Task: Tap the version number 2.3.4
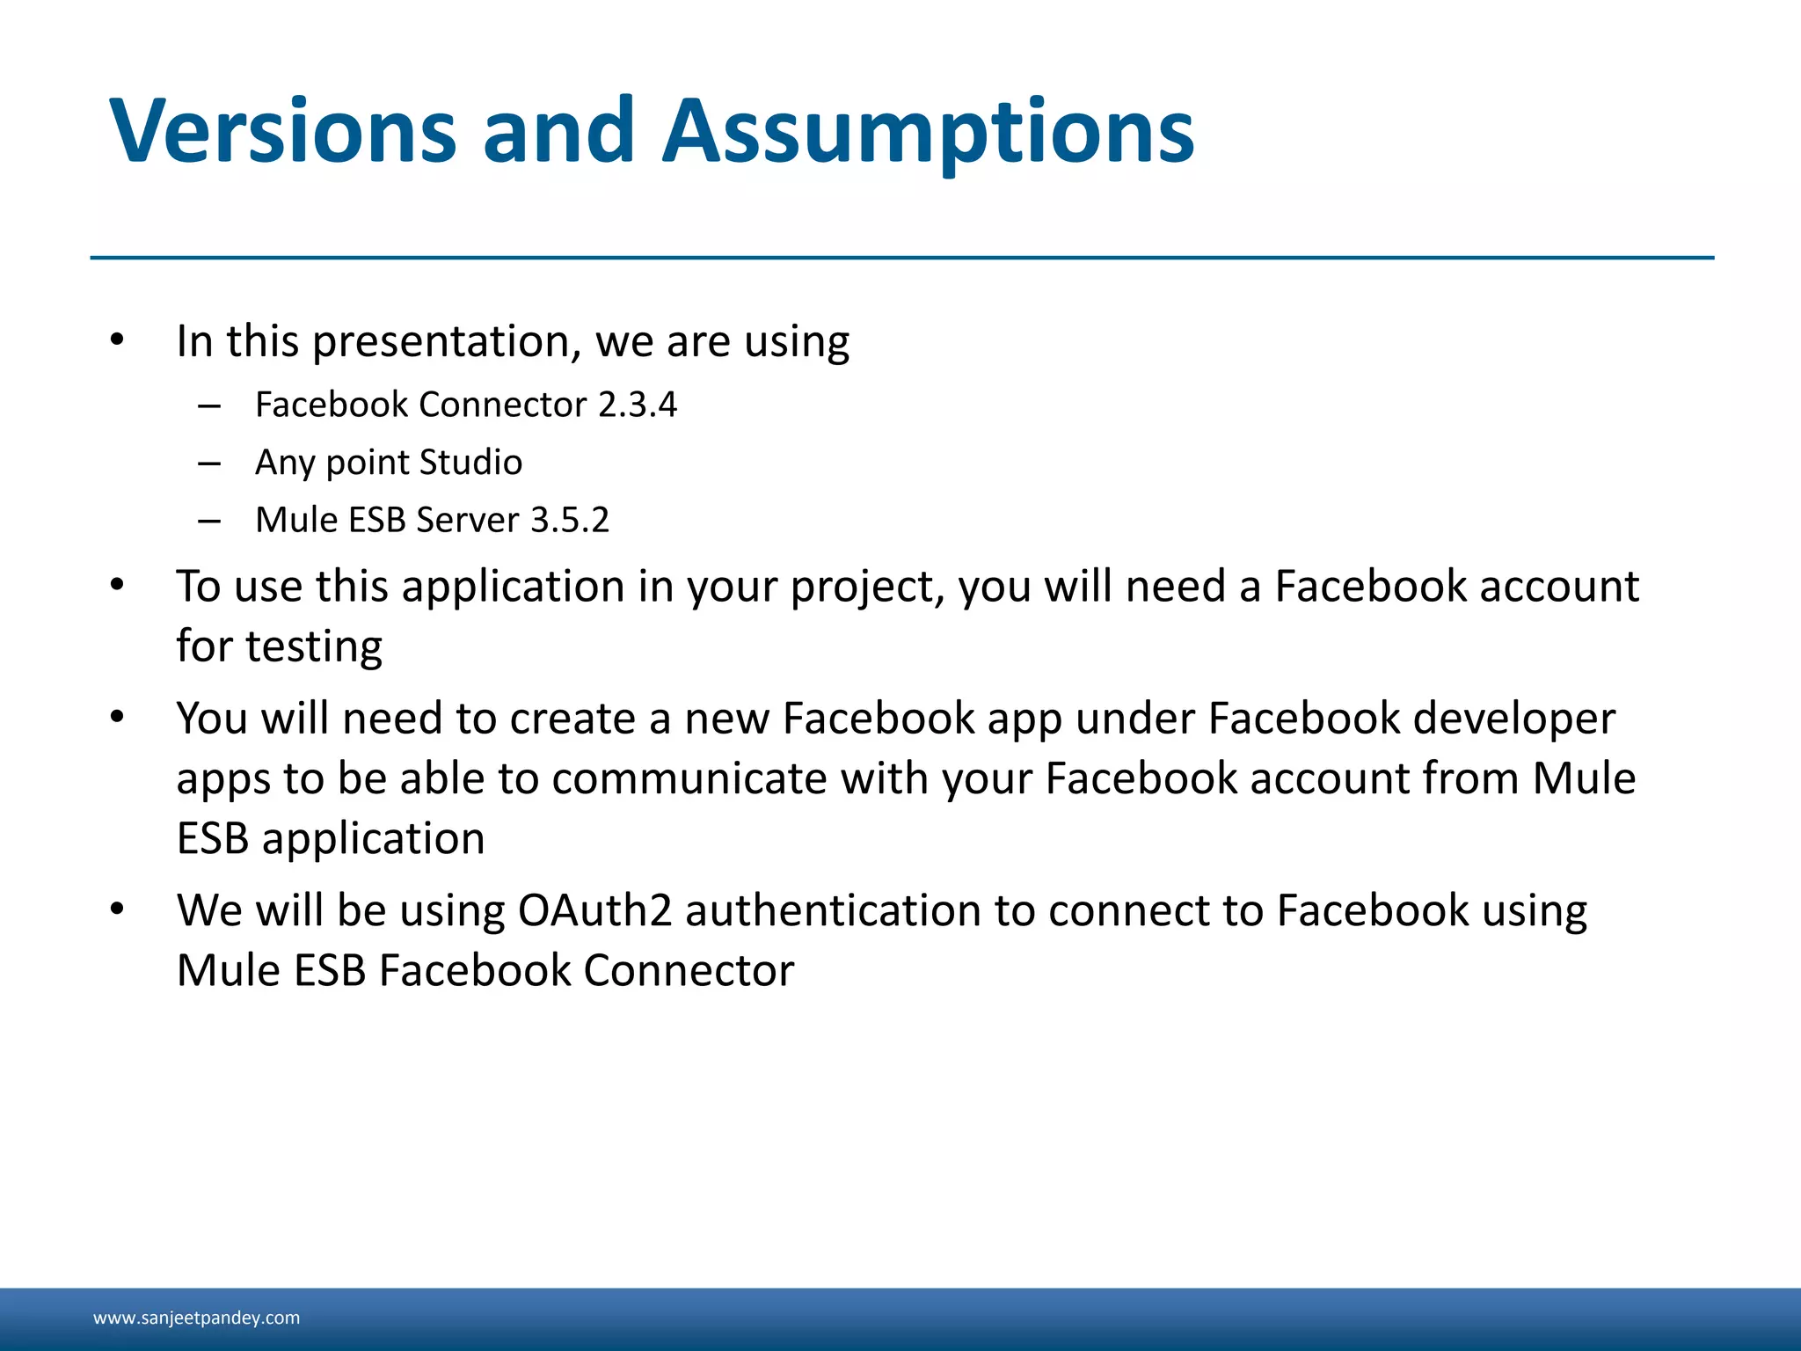[x=638, y=405]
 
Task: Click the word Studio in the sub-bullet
[x=470, y=463]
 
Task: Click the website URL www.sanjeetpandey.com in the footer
[x=196, y=1318]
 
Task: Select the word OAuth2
[x=594, y=910]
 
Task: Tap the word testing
[x=314, y=647]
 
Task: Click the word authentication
[x=832, y=910]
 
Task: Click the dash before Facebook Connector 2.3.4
[x=209, y=405]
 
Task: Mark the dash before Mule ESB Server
[x=209, y=521]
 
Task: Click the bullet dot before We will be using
[x=117, y=909]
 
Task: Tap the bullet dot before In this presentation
[x=117, y=340]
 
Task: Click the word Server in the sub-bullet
[x=468, y=520]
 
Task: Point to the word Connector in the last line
[x=689, y=971]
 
